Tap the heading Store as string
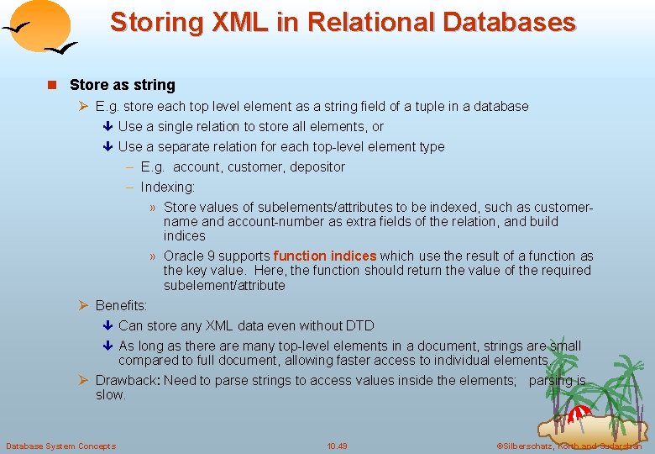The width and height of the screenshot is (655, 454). click(123, 85)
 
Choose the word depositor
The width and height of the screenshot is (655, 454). click(317, 167)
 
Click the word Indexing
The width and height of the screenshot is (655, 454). click(167, 187)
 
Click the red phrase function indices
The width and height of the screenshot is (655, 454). click(325, 256)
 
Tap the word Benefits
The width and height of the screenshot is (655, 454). click(121, 306)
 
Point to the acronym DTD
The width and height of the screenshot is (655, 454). click(360, 326)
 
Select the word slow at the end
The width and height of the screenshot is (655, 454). click(110, 395)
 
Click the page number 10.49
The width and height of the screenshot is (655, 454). click(337, 446)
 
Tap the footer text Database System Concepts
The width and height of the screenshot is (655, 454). click(60, 446)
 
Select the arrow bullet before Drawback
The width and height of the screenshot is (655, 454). click(83, 381)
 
